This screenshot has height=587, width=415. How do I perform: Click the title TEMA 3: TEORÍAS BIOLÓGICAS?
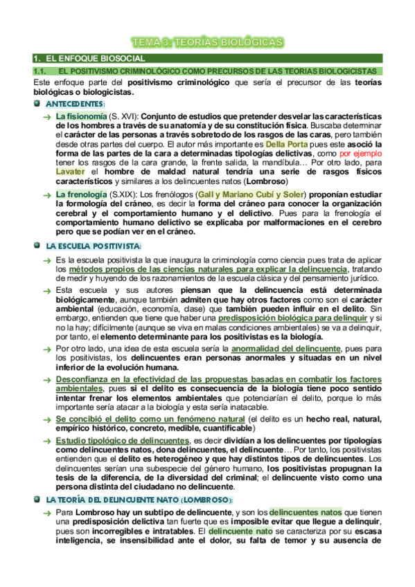[x=208, y=43]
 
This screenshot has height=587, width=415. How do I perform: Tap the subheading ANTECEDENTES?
[x=76, y=103]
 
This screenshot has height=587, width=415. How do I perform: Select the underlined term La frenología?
[x=81, y=196]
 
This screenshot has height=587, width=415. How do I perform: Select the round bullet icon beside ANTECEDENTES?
[x=37, y=103]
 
